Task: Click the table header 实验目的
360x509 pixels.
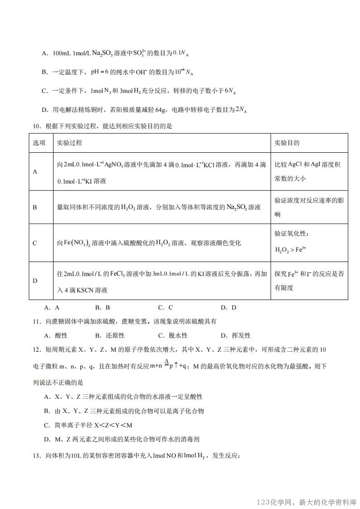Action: point(287,143)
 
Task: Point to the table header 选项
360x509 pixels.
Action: point(39,143)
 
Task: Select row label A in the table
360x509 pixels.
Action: point(35,172)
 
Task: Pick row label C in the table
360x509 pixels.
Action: point(35,243)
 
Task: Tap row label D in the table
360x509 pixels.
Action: point(35,281)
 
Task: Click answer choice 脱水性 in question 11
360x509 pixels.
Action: point(178,335)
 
